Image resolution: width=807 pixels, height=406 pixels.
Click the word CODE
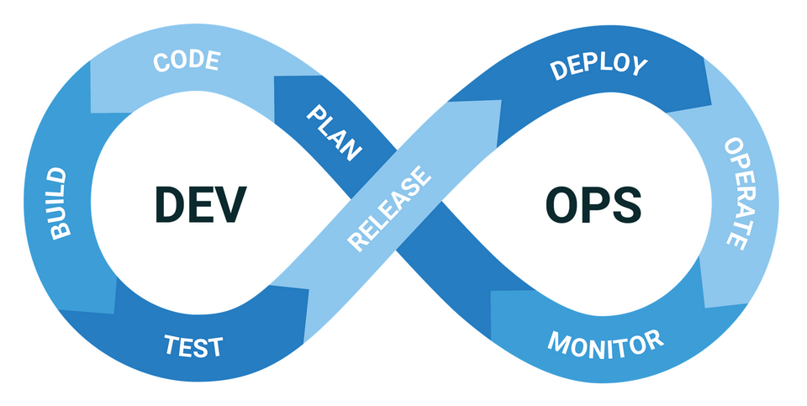tap(187, 62)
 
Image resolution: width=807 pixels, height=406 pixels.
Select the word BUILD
tap(58, 203)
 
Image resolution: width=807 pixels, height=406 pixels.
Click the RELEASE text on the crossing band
tap(388, 208)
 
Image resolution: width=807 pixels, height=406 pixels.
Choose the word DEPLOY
tap(599, 68)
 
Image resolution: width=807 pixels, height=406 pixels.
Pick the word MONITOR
tap(605, 342)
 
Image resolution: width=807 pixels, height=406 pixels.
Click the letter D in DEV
tap(169, 203)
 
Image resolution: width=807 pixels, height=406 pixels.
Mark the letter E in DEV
tap(199, 203)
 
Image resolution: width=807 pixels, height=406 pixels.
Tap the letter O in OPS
tap(565, 203)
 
